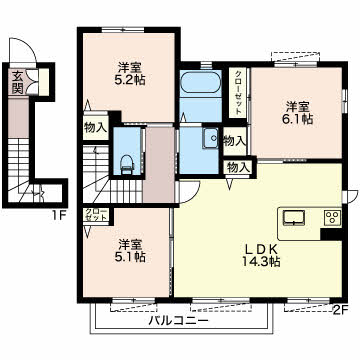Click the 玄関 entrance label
(x=18, y=81)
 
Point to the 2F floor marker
(x=340, y=309)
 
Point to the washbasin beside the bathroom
(x=209, y=138)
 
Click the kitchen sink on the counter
(x=296, y=216)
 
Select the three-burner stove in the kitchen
(x=331, y=217)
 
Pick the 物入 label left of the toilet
(x=95, y=128)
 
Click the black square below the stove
(x=328, y=234)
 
